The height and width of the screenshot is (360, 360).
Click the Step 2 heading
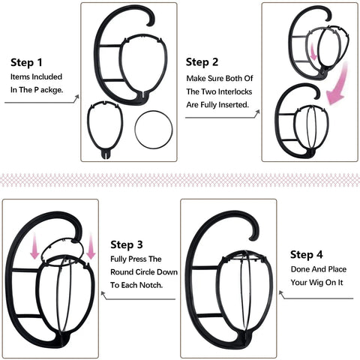click(x=202, y=61)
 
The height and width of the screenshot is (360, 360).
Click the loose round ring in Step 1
click(x=152, y=128)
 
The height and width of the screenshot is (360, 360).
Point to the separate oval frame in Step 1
click(x=106, y=127)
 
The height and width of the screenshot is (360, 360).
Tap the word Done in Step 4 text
click(x=302, y=268)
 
